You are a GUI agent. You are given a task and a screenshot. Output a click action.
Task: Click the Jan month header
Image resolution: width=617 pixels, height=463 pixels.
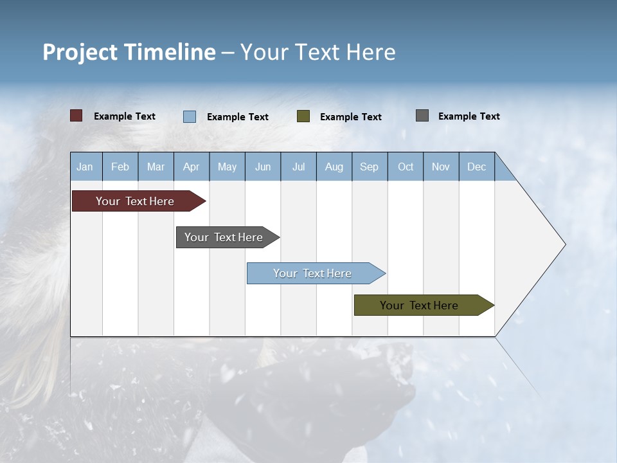click(x=85, y=167)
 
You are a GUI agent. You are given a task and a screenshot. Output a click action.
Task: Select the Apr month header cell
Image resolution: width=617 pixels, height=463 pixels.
click(x=192, y=167)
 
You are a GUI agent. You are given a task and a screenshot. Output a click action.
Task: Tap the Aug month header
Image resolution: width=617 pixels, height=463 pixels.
click(x=334, y=167)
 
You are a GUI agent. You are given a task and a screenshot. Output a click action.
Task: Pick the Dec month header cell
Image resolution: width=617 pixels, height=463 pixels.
click(x=477, y=167)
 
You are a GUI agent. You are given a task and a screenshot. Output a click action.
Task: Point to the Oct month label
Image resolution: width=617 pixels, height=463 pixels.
click(x=406, y=167)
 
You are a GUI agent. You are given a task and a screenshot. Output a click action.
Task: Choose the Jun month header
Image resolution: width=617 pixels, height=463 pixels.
click(x=263, y=167)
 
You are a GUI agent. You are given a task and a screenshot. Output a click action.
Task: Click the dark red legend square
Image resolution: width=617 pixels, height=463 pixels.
click(x=76, y=116)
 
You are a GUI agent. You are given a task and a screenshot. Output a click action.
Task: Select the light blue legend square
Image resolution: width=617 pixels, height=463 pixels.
click(x=190, y=116)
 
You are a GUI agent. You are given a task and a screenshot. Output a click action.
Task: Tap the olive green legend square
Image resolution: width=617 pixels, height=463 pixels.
click(x=303, y=116)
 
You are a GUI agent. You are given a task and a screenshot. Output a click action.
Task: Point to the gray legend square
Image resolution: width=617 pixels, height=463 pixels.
click(x=422, y=116)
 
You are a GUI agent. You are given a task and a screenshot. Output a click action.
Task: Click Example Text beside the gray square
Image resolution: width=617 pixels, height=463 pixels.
click(x=469, y=116)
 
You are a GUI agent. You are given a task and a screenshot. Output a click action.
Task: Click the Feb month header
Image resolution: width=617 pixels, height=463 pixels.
click(x=120, y=167)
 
